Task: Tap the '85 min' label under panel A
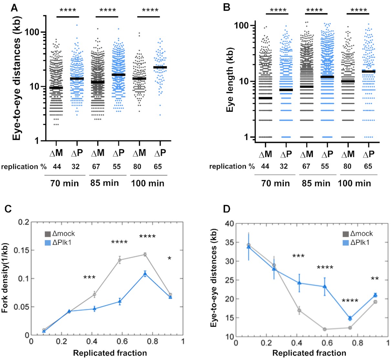click(x=104, y=183)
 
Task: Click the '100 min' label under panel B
click(x=354, y=183)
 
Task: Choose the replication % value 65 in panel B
click(x=368, y=166)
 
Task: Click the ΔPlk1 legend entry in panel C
click(x=61, y=241)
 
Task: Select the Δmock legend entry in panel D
click(x=357, y=233)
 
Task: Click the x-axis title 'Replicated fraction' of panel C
click(x=110, y=353)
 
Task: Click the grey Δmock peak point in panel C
click(x=145, y=254)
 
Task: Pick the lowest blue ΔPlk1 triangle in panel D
click(x=350, y=318)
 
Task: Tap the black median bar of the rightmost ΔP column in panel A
click(x=160, y=67)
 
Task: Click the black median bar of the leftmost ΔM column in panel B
click(x=265, y=98)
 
